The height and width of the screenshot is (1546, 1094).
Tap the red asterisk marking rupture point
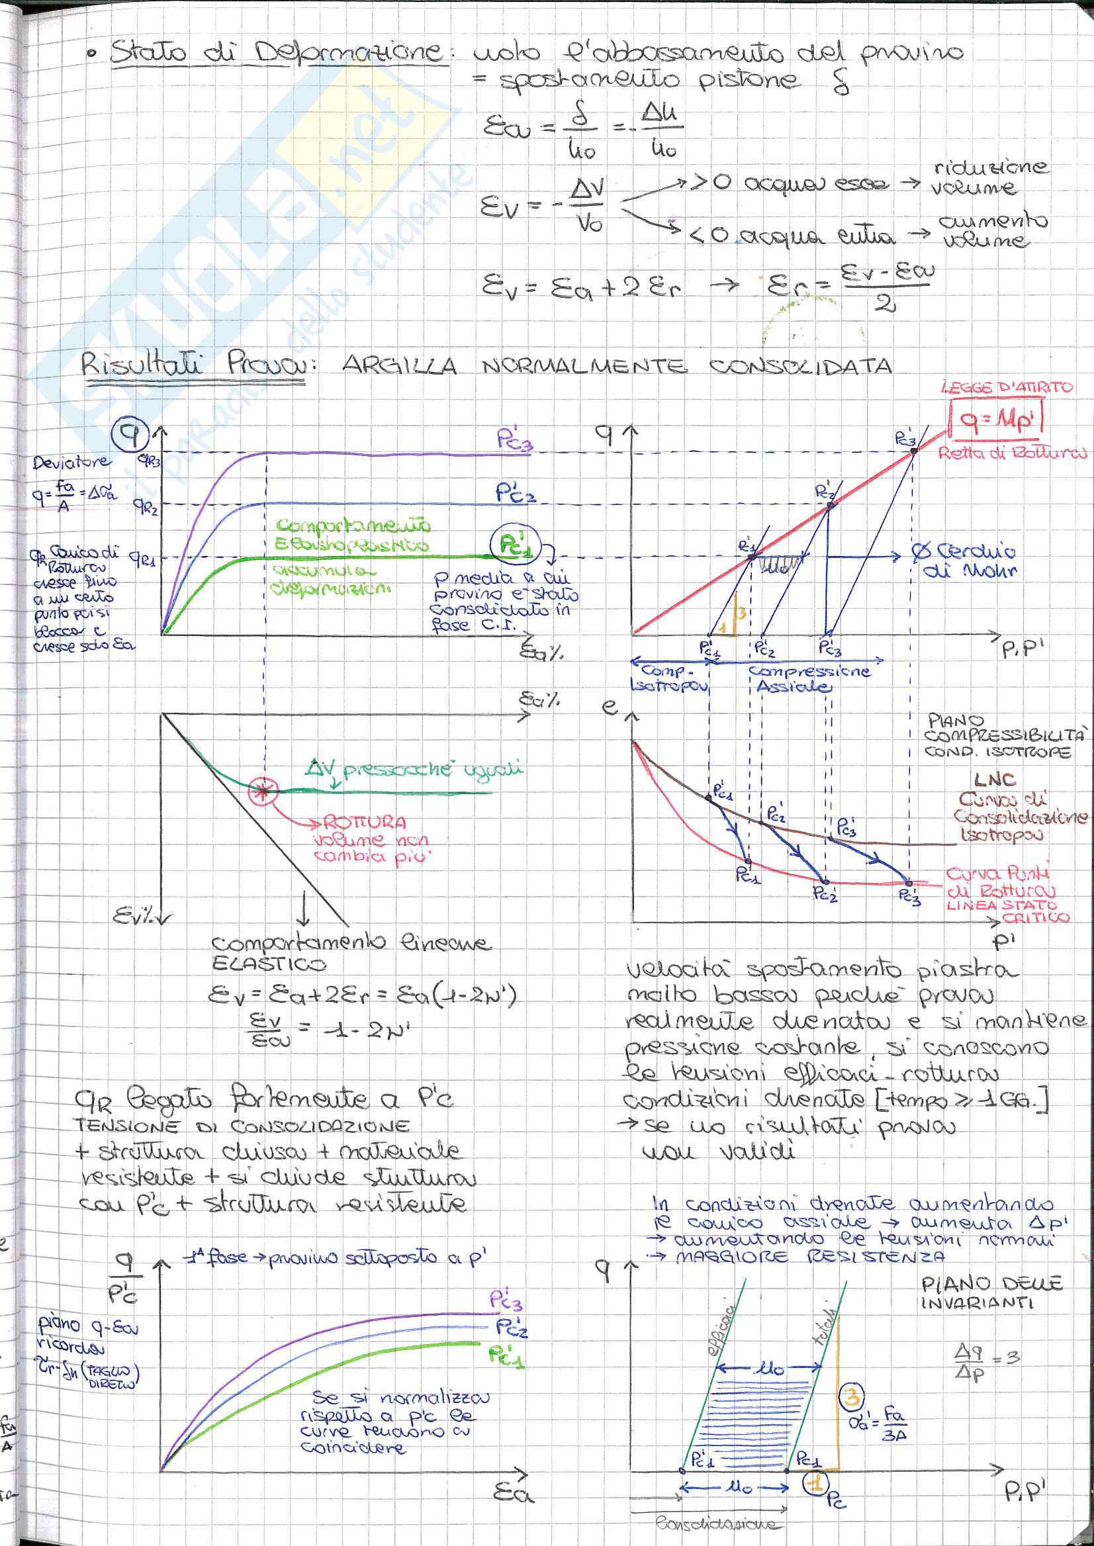pyautogui.click(x=261, y=792)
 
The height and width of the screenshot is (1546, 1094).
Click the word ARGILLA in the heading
pyautogui.click(x=400, y=367)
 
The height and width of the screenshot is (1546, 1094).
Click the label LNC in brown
pyautogui.click(x=993, y=780)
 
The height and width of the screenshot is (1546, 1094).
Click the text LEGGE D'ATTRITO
pyautogui.click(x=1007, y=387)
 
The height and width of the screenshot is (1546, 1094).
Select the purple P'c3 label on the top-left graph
pyautogui.click(x=515, y=440)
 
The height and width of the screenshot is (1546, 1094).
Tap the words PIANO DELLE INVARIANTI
pyautogui.click(x=991, y=1293)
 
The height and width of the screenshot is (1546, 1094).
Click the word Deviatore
pyautogui.click(x=71, y=462)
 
